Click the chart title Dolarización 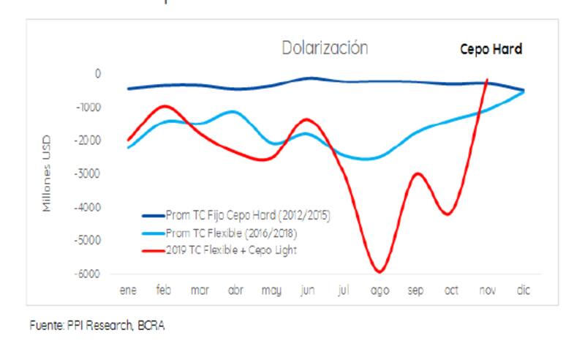point(325,49)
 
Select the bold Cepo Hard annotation point(491,50)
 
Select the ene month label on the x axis point(128,291)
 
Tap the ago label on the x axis point(380,291)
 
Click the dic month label point(523,291)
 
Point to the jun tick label point(308,291)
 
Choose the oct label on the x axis point(451,291)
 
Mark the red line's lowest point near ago point(379,271)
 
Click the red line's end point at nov point(487,80)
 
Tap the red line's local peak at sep point(416,173)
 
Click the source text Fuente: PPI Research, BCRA point(97,326)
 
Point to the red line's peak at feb point(164,105)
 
